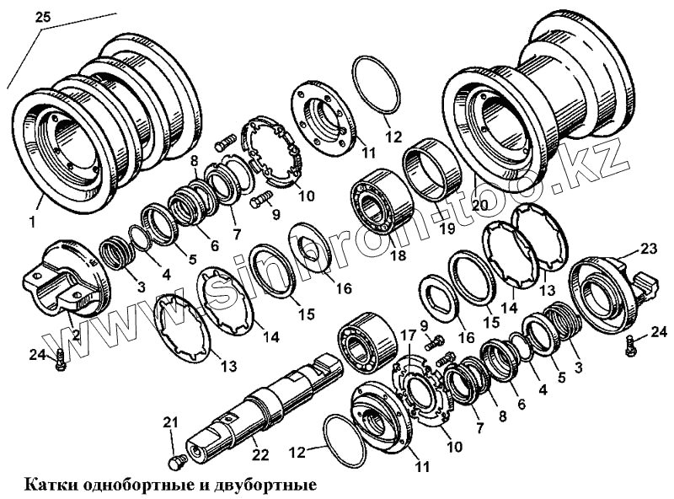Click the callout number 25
tap(43, 16)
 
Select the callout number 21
tap(171, 422)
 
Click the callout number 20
tap(480, 207)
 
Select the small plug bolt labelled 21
tap(177, 462)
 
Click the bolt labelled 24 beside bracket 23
tap(631, 345)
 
